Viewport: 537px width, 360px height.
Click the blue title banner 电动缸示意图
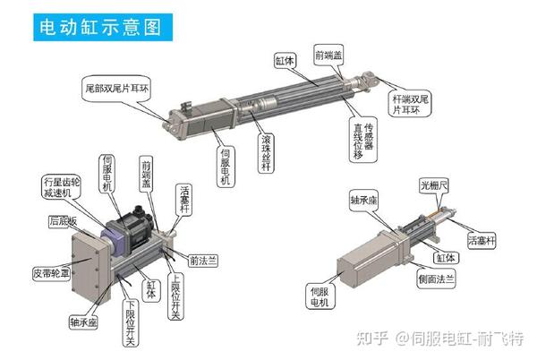point(98,26)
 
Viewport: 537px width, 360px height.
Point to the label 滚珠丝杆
point(266,150)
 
